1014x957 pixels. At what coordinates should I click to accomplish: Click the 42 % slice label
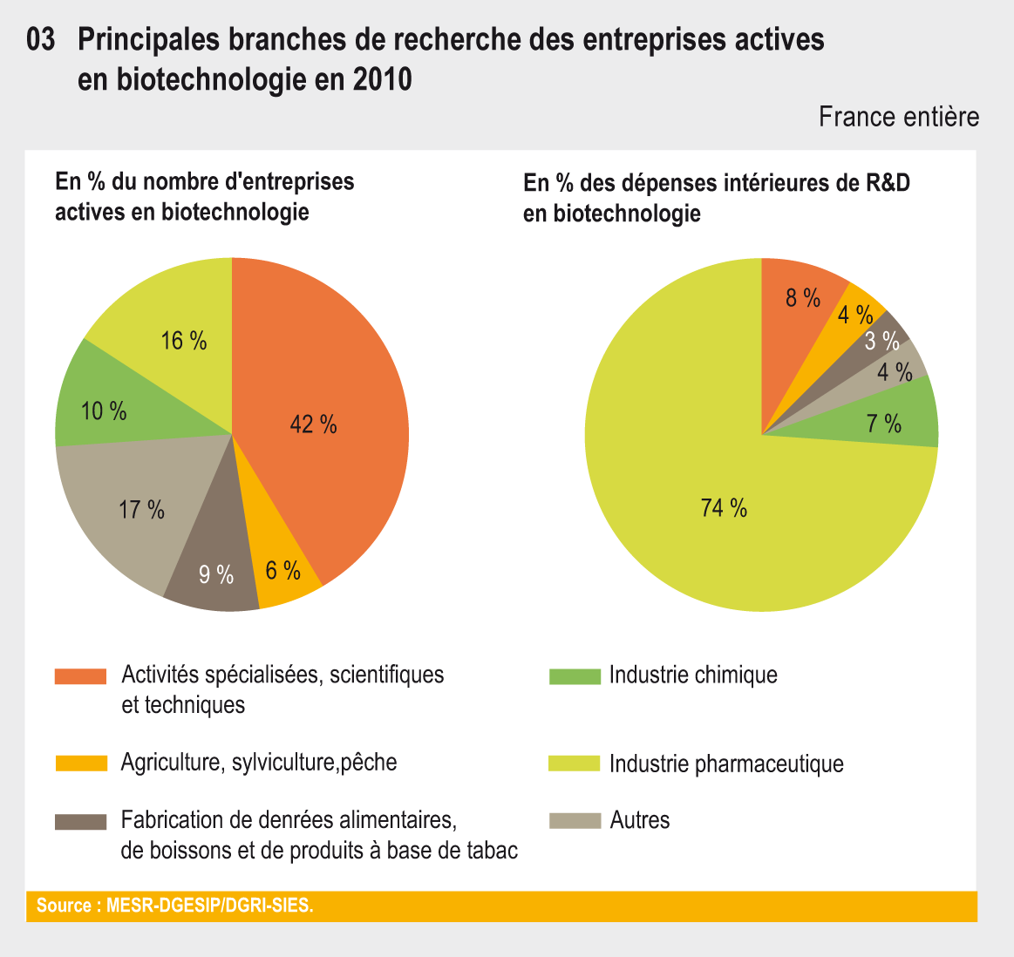click(x=313, y=424)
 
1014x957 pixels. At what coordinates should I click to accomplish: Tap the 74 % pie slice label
click(x=724, y=508)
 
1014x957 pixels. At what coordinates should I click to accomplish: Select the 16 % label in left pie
click(x=184, y=341)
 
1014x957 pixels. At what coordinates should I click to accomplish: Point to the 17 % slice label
click(x=142, y=510)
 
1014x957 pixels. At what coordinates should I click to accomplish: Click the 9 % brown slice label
click(x=216, y=574)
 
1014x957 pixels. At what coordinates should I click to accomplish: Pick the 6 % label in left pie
click(x=283, y=571)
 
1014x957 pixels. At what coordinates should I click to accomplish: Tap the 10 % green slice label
click(x=104, y=411)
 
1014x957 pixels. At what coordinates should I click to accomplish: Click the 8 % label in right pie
click(x=803, y=298)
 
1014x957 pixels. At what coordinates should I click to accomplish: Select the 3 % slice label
click(x=881, y=341)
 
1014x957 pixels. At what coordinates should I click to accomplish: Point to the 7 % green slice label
click(x=884, y=424)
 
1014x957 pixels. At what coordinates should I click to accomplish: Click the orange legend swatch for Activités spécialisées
click(x=80, y=676)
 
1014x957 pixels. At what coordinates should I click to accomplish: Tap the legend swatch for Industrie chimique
click(x=575, y=676)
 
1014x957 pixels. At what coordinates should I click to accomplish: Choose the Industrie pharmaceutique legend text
click(x=726, y=764)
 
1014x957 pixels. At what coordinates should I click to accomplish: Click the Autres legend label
click(x=640, y=820)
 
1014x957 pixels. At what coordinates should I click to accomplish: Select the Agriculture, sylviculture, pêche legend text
click(x=259, y=763)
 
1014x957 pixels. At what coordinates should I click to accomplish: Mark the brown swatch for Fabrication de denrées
click(x=80, y=821)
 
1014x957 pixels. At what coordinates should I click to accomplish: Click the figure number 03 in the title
click(x=42, y=40)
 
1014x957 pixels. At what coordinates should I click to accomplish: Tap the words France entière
click(x=899, y=117)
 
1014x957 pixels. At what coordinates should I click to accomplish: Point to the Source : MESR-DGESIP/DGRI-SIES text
click(x=174, y=906)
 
